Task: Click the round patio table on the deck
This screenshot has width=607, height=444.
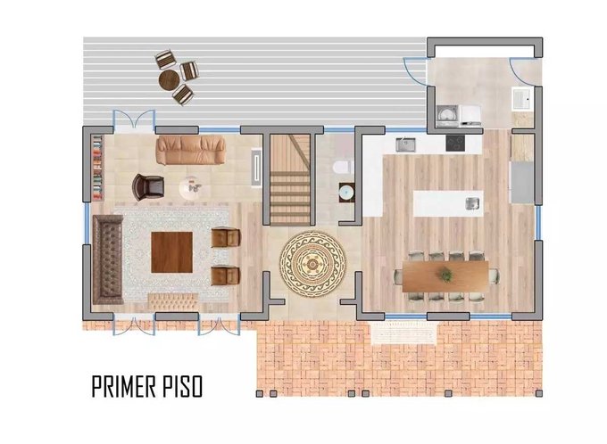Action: pyautogui.click(x=170, y=79)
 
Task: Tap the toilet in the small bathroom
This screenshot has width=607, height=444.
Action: pyautogui.click(x=341, y=168)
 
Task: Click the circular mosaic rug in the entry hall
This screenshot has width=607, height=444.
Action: pyautogui.click(x=312, y=264)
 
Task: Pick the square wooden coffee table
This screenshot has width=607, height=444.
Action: pyautogui.click(x=171, y=252)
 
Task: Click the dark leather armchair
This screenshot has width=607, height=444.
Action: pyautogui.click(x=148, y=187)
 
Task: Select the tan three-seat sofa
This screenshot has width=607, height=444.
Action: pyautogui.click(x=190, y=150)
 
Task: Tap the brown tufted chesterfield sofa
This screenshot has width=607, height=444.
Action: pyautogui.click(x=108, y=259)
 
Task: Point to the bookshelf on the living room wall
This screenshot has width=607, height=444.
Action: pyautogui.click(x=97, y=168)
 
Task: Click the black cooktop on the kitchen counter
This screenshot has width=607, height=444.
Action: pyautogui.click(x=455, y=144)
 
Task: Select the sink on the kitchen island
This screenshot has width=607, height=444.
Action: pyautogui.click(x=473, y=203)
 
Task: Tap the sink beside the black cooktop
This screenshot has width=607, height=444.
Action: pyautogui.click(x=405, y=144)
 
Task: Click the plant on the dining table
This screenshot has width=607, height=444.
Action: pyautogui.click(x=445, y=275)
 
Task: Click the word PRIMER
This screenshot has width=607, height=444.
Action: pyautogui.click(x=124, y=386)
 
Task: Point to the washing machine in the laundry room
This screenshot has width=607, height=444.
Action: pyautogui.click(x=447, y=116)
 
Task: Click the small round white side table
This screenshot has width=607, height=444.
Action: pyautogui.click(x=192, y=188)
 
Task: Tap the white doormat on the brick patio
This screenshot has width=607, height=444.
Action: pyautogui.click(x=403, y=333)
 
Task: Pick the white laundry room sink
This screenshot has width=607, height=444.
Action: pyautogui.click(x=522, y=99)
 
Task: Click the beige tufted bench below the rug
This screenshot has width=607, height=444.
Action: pyautogui.click(x=173, y=301)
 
